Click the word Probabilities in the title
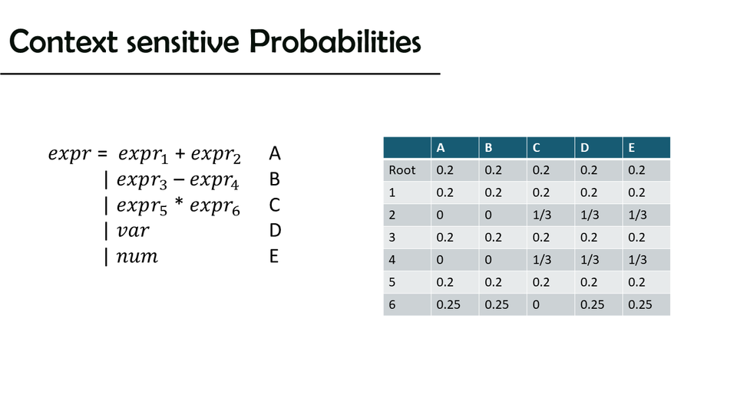click(x=335, y=41)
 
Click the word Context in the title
click(x=64, y=41)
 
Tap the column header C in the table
click(x=536, y=148)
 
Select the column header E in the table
click(x=632, y=148)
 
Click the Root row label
click(x=402, y=170)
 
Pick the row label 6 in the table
click(x=392, y=304)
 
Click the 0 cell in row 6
click(x=536, y=304)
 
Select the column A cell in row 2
click(x=439, y=215)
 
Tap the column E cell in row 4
click(x=637, y=260)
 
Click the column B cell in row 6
click(x=497, y=304)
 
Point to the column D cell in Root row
click(x=589, y=170)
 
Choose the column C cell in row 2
click(x=541, y=215)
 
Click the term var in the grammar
click(x=133, y=231)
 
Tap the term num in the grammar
click(x=137, y=256)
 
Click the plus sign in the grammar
click(x=180, y=153)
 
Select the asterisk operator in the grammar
click(x=179, y=203)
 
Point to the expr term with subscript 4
click(x=214, y=180)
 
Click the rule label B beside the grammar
click(x=275, y=179)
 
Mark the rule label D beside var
click(x=275, y=231)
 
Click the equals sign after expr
click(x=102, y=153)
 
